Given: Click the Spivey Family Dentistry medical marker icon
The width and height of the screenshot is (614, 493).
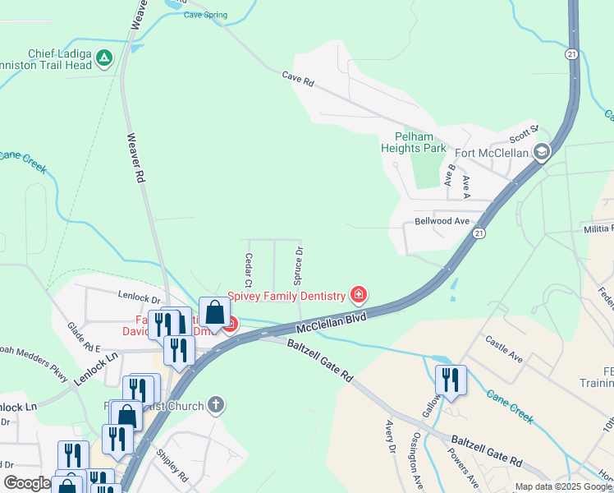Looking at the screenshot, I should pyautogui.click(x=358, y=294).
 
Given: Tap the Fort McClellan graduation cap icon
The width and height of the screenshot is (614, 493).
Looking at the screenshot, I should pyautogui.click(x=542, y=152).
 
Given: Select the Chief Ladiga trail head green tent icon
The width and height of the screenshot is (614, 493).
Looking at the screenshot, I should pyautogui.click(x=104, y=58).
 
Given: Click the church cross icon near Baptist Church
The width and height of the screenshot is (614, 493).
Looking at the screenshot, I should pyautogui.click(x=216, y=403).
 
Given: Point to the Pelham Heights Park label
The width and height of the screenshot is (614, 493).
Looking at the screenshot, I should pyautogui.click(x=414, y=142).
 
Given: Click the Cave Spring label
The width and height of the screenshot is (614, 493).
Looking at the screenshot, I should pyautogui.click(x=205, y=15).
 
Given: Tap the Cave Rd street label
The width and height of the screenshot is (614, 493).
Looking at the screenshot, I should pyautogui.click(x=298, y=80).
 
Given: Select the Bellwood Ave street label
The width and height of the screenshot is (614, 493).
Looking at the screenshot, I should pyautogui.click(x=442, y=221).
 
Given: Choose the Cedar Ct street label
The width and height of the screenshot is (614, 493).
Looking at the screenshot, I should pyautogui.click(x=247, y=270).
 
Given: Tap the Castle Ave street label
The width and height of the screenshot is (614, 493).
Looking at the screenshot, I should pyautogui.click(x=504, y=348).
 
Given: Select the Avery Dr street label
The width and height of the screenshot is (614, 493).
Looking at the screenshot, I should pyautogui.click(x=391, y=438).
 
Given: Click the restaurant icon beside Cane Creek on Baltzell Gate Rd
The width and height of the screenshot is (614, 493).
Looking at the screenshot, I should pyautogui.click(x=450, y=379).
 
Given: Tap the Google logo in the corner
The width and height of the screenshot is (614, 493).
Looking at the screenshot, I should pyautogui.click(x=26, y=484).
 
